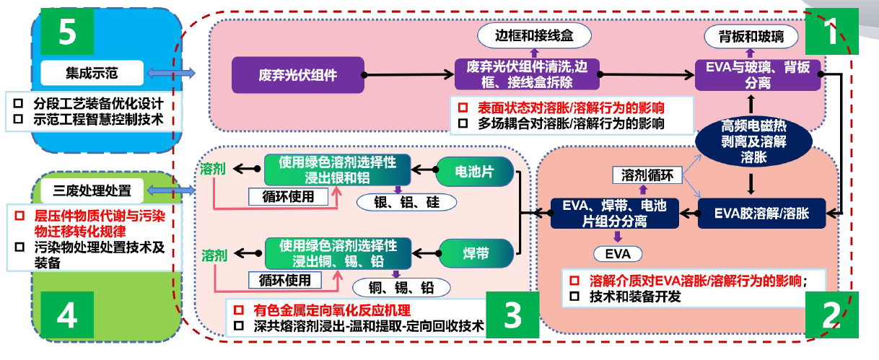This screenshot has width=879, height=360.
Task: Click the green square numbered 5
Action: (x=67, y=31)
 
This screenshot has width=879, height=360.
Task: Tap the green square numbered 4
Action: (x=67, y=315)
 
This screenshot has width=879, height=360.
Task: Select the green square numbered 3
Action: (x=512, y=315)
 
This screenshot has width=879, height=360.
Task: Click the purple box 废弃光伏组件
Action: (x=298, y=75)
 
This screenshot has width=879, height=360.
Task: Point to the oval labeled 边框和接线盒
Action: (x=534, y=35)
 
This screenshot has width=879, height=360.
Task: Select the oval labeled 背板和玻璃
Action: (x=751, y=37)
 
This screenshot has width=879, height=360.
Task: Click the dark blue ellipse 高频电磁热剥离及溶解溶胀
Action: (x=753, y=141)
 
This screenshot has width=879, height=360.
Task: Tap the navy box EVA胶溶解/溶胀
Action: (x=761, y=214)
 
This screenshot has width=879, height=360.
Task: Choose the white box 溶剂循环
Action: (x=647, y=175)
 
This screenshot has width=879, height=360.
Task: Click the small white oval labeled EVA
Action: (x=618, y=254)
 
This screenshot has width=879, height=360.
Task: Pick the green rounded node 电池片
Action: (x=474, y=172)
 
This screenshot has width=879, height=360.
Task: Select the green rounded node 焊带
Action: (x=476, y=254)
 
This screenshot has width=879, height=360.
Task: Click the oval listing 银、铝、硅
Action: (x=406, y=202)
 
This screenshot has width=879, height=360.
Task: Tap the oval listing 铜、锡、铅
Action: (x=401, y=287)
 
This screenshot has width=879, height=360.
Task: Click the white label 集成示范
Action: (x=92, y=73)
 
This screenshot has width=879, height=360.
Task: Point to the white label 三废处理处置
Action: (x=92, y=190)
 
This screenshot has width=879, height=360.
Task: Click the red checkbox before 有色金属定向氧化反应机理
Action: (x=239, y=310)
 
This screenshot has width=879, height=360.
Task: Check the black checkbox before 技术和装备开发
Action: (x=574, y=297)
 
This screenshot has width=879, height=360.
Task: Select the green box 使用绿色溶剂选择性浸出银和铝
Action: (x=338, y=170)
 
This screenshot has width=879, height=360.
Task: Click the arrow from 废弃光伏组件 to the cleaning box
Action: (x=408, y=74)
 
